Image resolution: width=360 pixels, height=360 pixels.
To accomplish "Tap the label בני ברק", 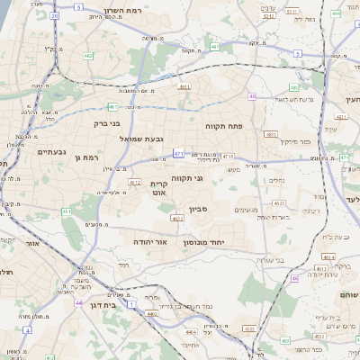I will pos(107,124).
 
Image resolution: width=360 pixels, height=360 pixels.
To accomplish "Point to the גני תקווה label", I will pos(185,178).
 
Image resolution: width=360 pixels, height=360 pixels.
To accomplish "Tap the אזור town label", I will pos(32,243).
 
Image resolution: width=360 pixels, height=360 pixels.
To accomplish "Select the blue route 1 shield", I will pos(130,304).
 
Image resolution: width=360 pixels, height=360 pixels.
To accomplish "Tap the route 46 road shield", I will pos(294,278).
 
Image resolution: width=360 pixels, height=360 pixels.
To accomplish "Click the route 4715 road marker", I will pos(215,156).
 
